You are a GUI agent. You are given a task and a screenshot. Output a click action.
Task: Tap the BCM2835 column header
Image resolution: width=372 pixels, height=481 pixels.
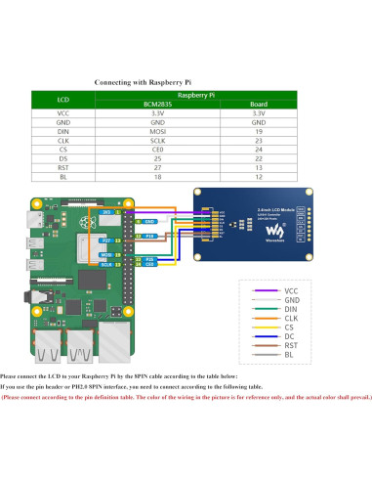pos(156,104)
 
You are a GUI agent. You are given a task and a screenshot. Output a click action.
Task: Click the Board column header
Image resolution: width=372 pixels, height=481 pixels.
pos(259,104)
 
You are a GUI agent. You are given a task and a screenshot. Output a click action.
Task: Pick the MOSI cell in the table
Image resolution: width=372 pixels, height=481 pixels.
pos(156,132)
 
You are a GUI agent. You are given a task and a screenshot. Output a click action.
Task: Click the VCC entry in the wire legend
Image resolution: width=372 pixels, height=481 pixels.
pos(291,290)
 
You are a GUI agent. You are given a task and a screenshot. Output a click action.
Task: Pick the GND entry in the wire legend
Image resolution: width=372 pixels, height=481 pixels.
pos(291,299)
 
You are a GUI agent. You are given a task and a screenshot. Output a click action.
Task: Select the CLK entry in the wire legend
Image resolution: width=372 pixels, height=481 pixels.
pos(291,317)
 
